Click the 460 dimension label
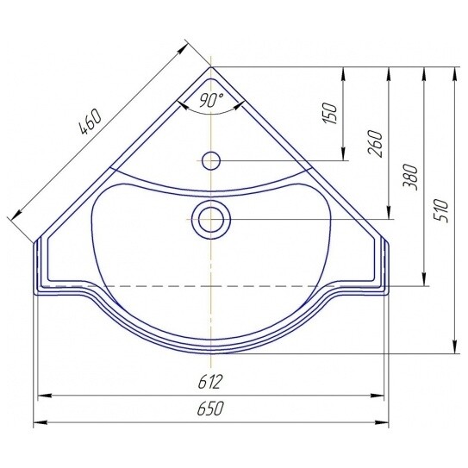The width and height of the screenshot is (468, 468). click(90, 122)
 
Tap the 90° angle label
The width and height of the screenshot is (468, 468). click(211, 100)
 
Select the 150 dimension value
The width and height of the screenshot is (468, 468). click(330, 113)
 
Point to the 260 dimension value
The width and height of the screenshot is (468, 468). click(375, 144)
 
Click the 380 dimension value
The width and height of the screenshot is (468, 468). click(411, 177)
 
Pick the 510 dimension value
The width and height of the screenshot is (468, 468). click(440, 211)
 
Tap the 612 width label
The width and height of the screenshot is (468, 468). click(210, 382)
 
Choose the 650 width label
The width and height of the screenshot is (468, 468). click(210, 408)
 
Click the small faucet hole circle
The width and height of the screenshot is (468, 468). click(211, 160)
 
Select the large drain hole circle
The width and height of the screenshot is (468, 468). click(211, 220)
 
